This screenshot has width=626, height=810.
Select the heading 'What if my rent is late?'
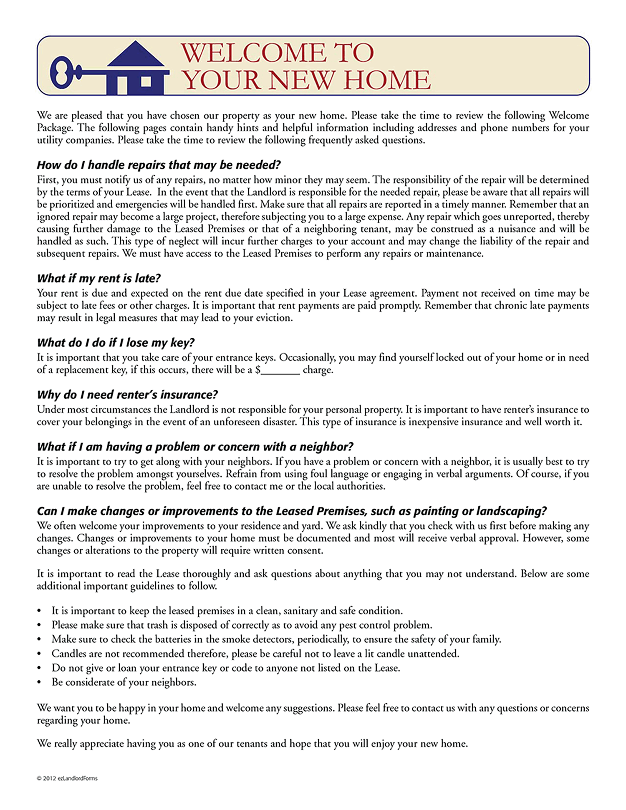99,278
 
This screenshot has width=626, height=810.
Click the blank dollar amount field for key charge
280,370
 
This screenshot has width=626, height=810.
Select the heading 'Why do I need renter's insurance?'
127,395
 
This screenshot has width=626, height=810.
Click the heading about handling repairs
159,165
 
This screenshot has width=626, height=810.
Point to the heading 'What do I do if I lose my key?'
116,342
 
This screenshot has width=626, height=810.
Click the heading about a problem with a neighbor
195,447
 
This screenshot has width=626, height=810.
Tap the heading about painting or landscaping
292,511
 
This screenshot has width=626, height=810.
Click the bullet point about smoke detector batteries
276,639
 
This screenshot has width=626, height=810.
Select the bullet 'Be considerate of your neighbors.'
124,682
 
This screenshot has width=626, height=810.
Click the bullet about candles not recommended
255,653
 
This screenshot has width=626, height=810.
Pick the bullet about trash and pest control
242,625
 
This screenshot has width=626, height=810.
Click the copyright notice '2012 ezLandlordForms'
67,778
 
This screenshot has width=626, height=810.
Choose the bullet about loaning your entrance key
225,668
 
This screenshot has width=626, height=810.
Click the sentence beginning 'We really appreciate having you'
252,743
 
